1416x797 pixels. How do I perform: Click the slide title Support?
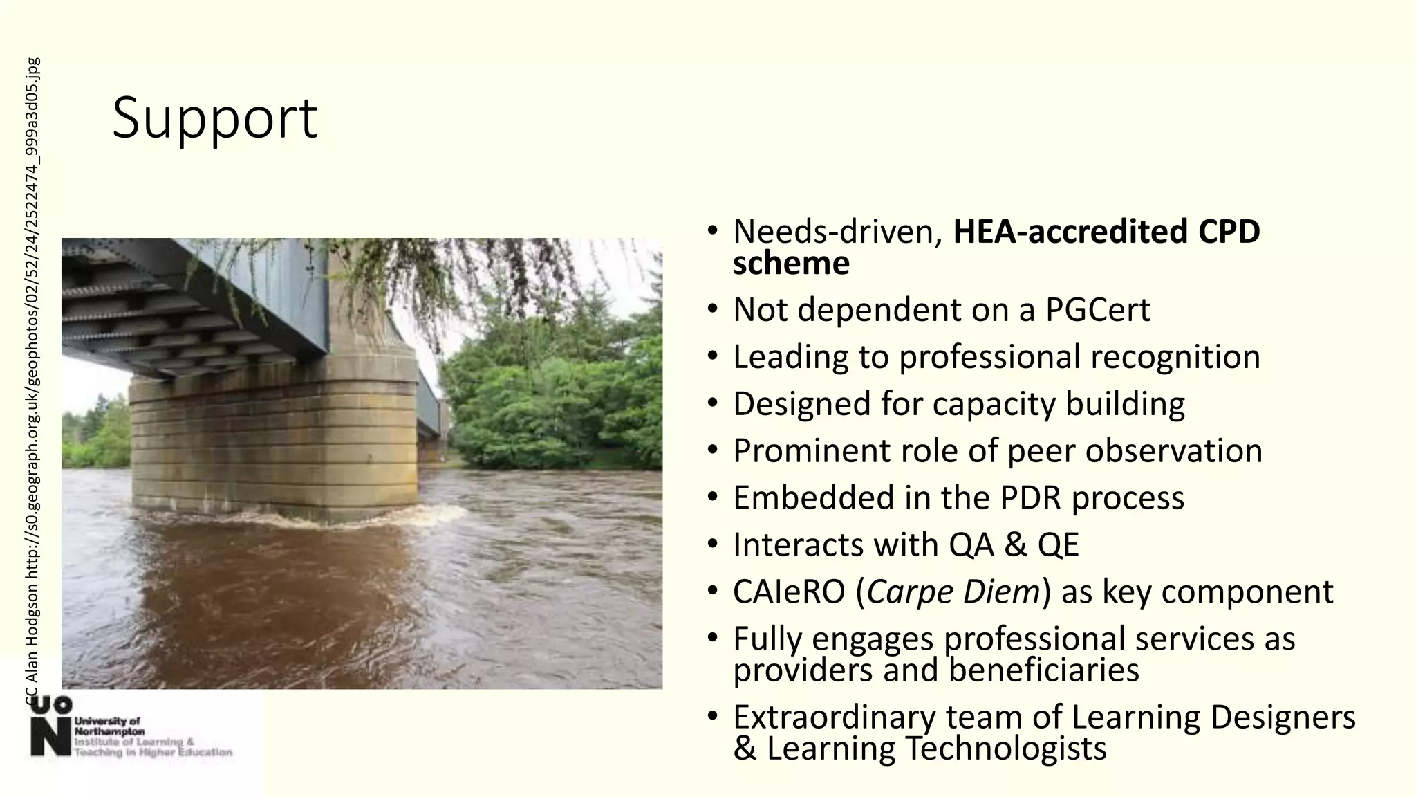click(x=214, y=118)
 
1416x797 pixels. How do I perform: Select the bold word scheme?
click(x=790, y=264)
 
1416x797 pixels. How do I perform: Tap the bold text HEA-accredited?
click(x=1070, y=232)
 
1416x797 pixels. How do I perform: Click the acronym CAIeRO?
click(x=789, y=592)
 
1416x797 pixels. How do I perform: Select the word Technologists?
click(x=1005, y=749)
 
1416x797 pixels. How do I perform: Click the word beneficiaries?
click(x=1043, y=670)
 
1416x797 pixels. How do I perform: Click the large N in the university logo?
click(x=50, y=738)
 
